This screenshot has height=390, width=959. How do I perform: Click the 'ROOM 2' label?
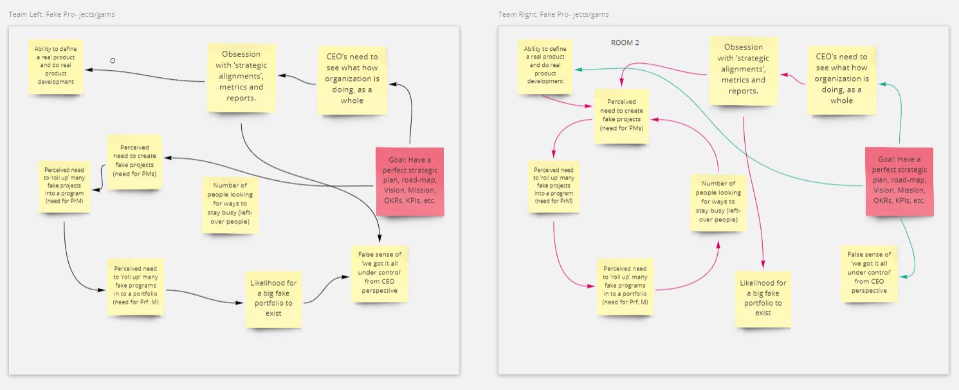coord(625,43)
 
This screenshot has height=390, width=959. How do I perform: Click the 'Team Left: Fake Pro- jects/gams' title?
coord(62,14)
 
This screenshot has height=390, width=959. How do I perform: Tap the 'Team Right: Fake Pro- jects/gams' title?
coord(553,14)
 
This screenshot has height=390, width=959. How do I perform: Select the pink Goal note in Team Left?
coord(410,181)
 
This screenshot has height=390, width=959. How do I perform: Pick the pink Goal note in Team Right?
coord(899,181)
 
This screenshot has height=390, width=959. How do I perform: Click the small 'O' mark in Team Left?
coord(113,61)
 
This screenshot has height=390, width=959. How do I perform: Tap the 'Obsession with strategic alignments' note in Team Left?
coord(241,78)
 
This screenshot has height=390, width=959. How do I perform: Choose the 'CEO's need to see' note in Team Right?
coord(841,80)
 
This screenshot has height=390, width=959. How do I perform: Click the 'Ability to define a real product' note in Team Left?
coord(56,66)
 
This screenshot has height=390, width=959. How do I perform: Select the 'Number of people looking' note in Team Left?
coord(230,205)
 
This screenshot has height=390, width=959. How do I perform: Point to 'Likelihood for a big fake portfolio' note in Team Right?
coord(763,299)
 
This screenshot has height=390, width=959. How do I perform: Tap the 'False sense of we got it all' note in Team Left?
coord(379,274)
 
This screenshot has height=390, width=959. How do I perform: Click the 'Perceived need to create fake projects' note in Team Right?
coord(621,116)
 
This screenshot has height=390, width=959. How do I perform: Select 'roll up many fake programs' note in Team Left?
coord(135,287)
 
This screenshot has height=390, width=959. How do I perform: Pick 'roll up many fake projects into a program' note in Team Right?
coord(554,187)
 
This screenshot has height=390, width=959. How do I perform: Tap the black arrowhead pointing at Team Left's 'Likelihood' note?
coord(239,303)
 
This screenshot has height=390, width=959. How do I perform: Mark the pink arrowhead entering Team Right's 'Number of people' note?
coord(718,245)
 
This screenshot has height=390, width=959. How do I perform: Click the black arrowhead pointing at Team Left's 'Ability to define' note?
coord(89,70)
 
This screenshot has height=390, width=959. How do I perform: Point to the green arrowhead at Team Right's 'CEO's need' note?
coord(882,84)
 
